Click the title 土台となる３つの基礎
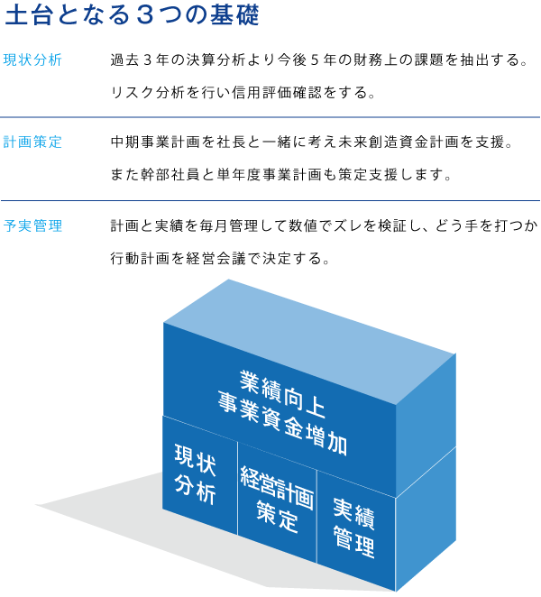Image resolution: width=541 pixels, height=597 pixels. tap(133, 17)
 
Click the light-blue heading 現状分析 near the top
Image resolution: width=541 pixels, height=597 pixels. tap(32, 60)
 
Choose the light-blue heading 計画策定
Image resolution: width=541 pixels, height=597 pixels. tap(32, 142)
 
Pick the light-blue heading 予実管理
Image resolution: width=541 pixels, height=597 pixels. tap(32, 225)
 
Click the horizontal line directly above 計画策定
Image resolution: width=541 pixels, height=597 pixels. tap(270, 117)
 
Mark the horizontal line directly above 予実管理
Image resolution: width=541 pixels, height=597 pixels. tap(270, 200)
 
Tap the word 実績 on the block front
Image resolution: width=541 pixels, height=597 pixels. tap(353, 511)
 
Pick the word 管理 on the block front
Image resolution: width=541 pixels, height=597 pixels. tap(353, 544)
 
